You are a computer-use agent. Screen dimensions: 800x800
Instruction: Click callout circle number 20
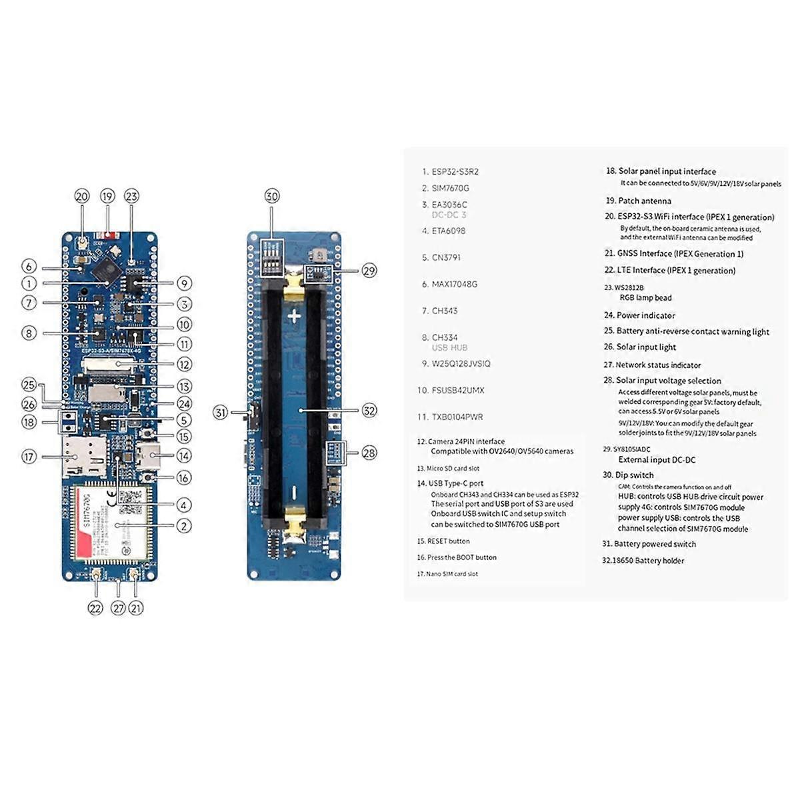(x=82, y=196)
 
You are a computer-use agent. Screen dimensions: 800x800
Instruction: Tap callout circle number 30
(x=271, y=196)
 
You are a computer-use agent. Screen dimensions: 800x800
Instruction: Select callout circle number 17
(x=29, y=457)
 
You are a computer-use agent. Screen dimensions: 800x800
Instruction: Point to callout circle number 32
(x=369, y=411)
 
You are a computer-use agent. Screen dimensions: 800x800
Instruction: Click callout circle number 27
(x=118, y=607)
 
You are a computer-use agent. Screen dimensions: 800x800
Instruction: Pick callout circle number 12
(x=184, y=364)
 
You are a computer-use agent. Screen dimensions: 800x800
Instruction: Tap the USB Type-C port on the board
(x=148, y=457)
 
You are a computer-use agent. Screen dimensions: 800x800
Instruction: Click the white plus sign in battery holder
(x=294, y=316)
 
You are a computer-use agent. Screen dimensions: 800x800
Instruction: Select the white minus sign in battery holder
(x=294, y=493)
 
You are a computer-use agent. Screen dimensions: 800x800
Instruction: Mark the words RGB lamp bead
(x=645, y=298)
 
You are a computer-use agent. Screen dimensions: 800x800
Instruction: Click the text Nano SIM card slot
(x=451, y=574)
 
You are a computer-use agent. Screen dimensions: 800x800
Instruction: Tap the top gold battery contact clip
(x=294, y=284)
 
